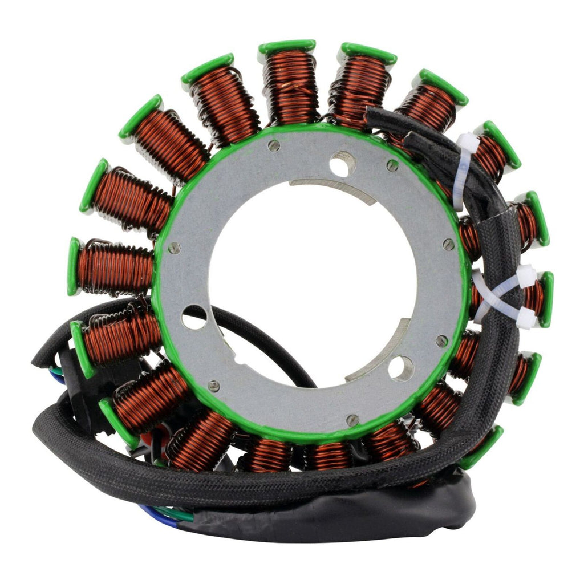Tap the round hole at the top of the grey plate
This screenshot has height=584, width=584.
pos(342,164)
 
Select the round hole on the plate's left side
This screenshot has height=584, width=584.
pos(194,318)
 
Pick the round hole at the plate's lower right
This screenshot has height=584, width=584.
pos(400,368)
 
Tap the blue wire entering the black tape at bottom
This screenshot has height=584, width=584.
pos(154,510)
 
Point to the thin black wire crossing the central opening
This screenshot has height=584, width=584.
pos(268,342)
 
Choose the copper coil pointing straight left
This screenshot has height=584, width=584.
pos(114,267)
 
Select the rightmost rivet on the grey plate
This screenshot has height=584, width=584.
pos(449,244)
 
